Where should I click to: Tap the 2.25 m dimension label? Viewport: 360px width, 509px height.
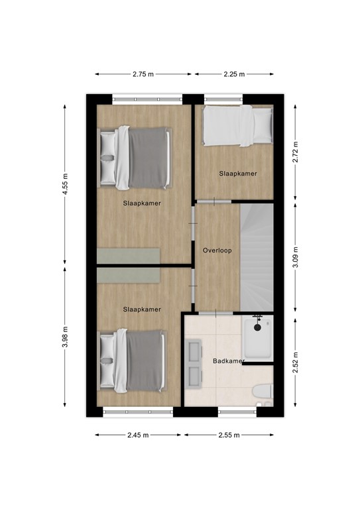[x=233, y=74]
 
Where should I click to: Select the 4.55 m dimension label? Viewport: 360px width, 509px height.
[x=65, y=182]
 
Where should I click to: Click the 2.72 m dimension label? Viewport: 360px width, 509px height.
[x=296, y=151]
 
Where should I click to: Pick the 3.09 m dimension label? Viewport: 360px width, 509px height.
[x=296, y=256]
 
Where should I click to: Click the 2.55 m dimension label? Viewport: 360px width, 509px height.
[x=228, y=435]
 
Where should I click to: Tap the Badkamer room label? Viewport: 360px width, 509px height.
[x=225, y=361]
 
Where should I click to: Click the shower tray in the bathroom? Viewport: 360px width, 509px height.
[x=258, y=339]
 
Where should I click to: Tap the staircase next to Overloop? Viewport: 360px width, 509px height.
[x=256, y=258]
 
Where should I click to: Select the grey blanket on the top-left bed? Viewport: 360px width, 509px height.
[x=149, y=158]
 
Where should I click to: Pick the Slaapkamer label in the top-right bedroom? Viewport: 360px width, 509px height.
[x=237, y=174]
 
